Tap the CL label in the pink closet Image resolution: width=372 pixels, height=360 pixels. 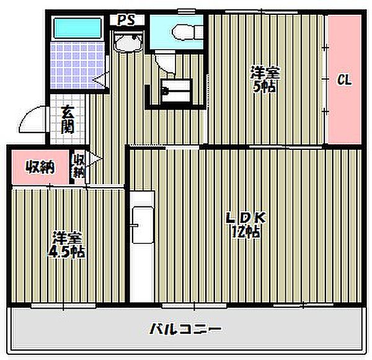pos(344,79)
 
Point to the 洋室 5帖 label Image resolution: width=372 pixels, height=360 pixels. pos(265,79)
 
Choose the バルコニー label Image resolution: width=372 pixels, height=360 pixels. pos(185,328)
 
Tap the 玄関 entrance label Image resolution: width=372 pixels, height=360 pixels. pos(68,121)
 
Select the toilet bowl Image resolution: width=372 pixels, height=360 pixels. pos(183,31)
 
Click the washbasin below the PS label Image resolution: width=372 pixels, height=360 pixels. pos(129,44)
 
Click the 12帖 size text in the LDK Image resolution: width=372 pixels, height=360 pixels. pos(246,233)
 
